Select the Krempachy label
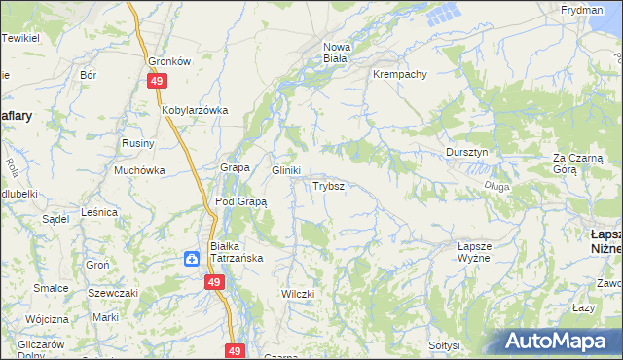pos(398,74)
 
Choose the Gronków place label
pos(167,59)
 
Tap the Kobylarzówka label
pos(195,110)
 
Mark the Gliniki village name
pos(285,169)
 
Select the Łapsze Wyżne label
pos(479,253)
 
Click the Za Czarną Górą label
pos(579,162)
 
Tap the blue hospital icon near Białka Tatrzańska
pos(192,258)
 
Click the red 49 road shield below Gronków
pos(157,82)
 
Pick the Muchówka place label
pos(139,170)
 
